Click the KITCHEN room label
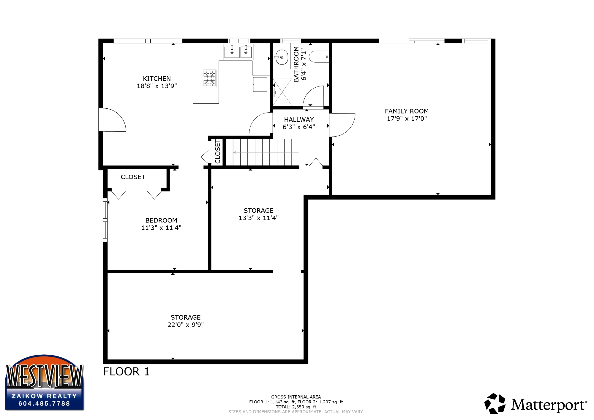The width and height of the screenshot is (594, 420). click(157, 79)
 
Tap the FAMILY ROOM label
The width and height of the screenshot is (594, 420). click(407, 111)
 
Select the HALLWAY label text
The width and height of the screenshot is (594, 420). click(299, 120)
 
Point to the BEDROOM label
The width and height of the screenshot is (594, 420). click(161, 220)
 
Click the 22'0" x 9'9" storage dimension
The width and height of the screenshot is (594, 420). click(186, 325)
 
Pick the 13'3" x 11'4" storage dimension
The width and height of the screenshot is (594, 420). click(259, 218)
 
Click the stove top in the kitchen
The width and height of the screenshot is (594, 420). click(209, 78)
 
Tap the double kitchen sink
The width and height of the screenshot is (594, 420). click(238, 52)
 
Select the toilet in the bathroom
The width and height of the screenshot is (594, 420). click(319, 56)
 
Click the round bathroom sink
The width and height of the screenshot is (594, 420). click(282, 57)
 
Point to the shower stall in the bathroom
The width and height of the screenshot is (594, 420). click(282, 92)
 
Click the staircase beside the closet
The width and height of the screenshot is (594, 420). click(262, 152)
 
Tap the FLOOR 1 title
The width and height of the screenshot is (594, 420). click(126, 372)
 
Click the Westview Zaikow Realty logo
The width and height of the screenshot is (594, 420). click(45, 383)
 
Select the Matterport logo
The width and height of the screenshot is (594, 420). click(536, 404)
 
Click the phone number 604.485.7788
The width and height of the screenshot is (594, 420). click(44, 404)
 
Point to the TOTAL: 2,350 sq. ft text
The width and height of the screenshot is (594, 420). click(296, 407)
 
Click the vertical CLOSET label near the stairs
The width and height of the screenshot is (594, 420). click(218, 151)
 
